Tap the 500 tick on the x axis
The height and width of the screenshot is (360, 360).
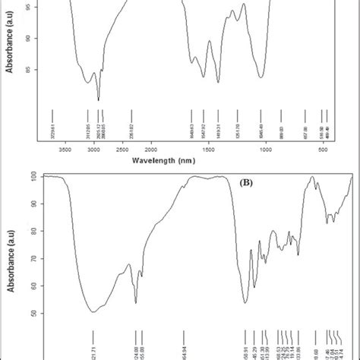pos(322,150)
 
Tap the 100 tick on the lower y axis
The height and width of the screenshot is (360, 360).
pos(33,176)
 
